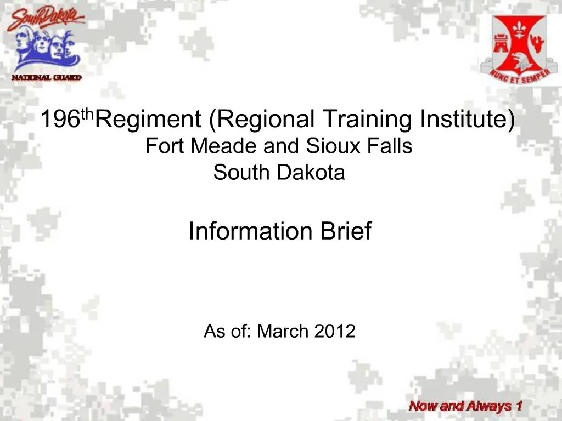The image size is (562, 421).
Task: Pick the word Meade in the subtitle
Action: pos(232,146)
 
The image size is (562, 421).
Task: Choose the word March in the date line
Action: pos(284,331)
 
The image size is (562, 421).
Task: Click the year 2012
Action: pos(335,331)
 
